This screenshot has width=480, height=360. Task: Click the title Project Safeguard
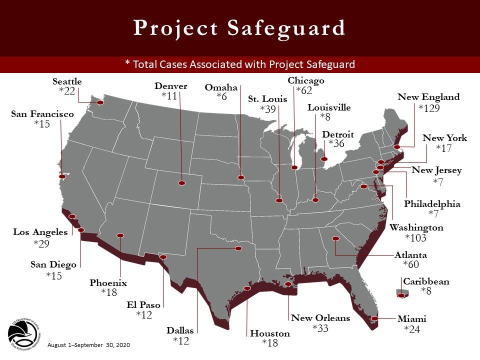point(239,28)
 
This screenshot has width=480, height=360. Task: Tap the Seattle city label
point(67,81)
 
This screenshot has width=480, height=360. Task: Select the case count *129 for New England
point(428,108)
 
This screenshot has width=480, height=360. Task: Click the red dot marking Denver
point(181,183)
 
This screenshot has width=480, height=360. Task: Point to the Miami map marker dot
point(374,318)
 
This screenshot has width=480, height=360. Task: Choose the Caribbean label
point(426,281)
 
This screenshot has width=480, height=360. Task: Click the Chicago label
point(306,80)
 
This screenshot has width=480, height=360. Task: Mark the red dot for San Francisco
point(62,176)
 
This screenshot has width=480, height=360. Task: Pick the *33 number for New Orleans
point(320,328)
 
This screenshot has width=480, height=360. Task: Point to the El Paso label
point(143,304)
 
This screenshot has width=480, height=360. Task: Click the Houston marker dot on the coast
point(247,288)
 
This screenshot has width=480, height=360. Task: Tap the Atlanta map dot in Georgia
point(337,239)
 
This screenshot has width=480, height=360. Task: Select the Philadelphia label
point(432,204)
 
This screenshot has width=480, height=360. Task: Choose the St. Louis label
point(267,99)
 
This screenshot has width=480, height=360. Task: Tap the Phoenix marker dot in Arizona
point(120,235)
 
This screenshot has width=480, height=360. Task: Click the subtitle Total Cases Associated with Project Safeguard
point(239,64)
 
